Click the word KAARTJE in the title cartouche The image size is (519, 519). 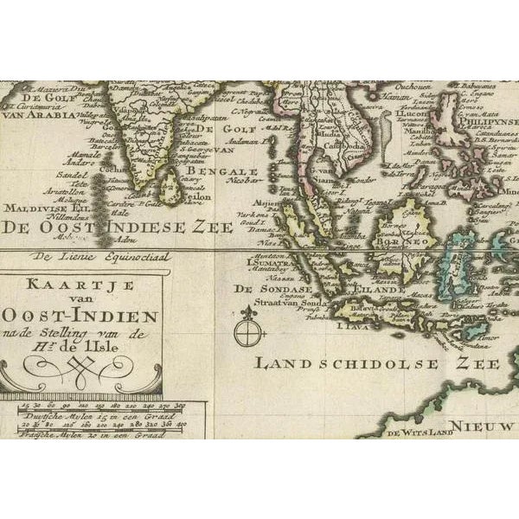pyautogui.click(x=83, y=282)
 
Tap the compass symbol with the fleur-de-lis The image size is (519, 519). pyautogui.click(x=248, y=329)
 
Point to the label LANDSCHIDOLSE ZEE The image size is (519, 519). pyautogui.click(x=376, y=363)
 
